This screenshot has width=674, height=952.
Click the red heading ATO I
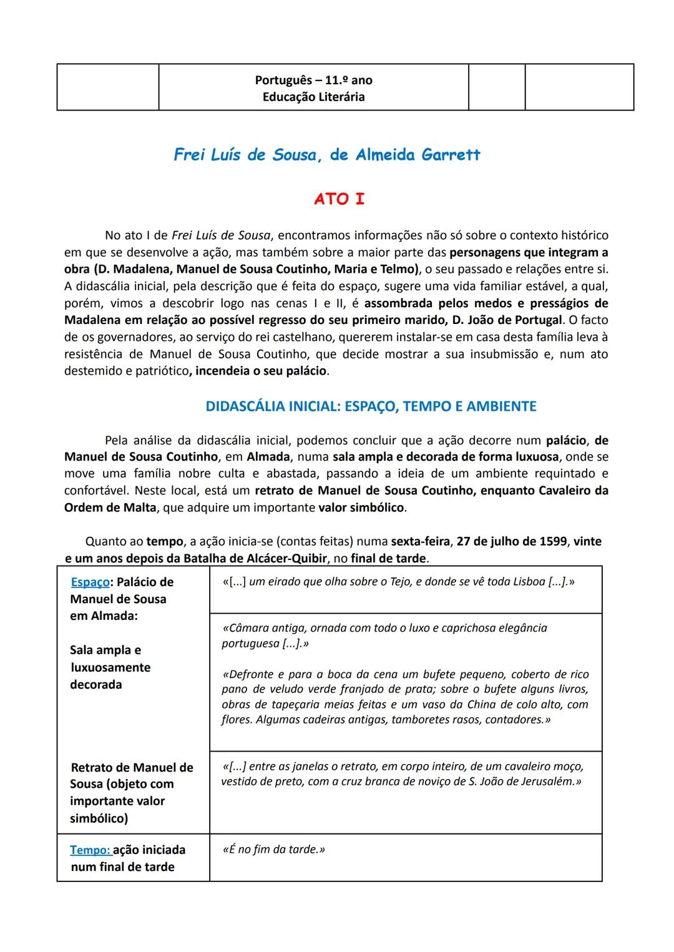339,199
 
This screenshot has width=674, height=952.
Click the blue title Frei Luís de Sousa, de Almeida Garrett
327,155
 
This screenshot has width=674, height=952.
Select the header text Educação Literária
313,97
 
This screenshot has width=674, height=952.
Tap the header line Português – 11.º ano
313,80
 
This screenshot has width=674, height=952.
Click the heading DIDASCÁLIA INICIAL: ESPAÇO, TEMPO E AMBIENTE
371,406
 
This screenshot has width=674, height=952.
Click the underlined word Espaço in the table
90,582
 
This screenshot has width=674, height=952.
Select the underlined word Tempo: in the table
90,850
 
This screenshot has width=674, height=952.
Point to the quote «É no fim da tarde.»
273,850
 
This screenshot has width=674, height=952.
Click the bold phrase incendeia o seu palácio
261,371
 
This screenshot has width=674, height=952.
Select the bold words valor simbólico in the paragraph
361,508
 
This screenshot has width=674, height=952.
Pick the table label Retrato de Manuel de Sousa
132,767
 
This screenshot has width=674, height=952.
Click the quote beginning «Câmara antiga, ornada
384,628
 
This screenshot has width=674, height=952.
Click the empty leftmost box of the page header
107,87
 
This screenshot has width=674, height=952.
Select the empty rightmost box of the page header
579,87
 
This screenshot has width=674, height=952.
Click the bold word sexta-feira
419,541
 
